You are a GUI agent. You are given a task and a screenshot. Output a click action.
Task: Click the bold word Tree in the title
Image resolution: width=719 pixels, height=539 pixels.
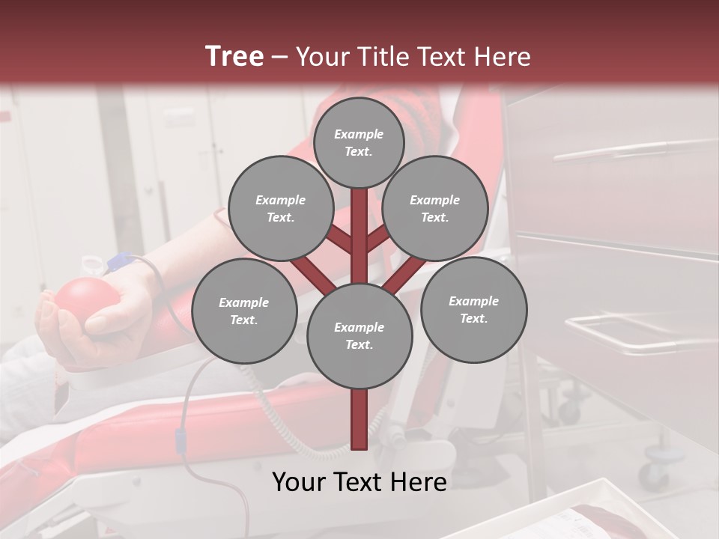click(234, 56)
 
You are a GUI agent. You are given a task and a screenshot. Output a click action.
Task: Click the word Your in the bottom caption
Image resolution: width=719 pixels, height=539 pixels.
click(298, 482)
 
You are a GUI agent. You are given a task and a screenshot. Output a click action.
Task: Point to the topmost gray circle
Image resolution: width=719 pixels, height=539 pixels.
click(359, 142)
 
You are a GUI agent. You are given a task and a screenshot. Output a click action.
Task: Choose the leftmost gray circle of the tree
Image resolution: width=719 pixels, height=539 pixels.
click(244, 311)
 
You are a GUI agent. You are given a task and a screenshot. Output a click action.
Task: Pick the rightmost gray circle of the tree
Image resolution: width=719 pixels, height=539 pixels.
click(473, 309)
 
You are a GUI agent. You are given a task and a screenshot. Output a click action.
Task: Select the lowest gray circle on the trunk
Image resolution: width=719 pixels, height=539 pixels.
click(359, 335)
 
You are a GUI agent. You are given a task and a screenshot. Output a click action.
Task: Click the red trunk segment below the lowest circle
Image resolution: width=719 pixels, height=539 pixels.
click(359, 419)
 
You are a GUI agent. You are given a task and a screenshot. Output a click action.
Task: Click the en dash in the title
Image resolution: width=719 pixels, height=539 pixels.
click(279, 57)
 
